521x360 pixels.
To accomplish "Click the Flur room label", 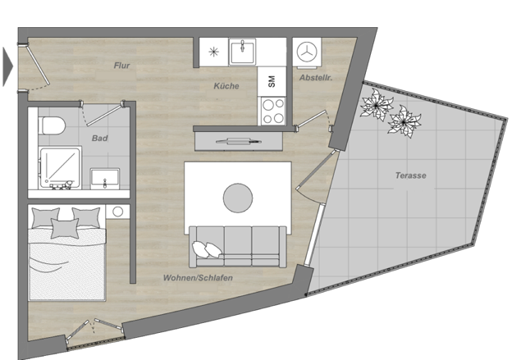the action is [x=121, y=66].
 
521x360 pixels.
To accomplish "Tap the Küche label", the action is [x=226, y=86].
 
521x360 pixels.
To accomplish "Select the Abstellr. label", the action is [x=316, y=78].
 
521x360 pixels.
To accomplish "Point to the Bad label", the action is [x=99, y=138].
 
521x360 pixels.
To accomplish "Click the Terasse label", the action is [x=411, y=175].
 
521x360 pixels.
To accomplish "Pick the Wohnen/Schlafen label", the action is [x=198, y=278].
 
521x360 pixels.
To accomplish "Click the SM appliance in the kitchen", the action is [x=272, y=81].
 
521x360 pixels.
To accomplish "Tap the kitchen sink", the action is [x=242, y=52].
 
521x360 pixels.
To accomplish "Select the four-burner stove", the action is [x=273, y=111].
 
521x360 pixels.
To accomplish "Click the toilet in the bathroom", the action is [x=51, y=125].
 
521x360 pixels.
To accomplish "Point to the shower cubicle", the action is [x=60, y=168].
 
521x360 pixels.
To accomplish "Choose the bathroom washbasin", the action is [x=105, y=178].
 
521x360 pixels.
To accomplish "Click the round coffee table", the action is [x=238, y=198].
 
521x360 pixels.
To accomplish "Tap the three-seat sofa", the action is [x=238, y=247].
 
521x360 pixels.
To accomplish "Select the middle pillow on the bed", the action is [x=65, y=229].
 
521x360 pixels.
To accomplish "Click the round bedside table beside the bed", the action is [x=117, y=212].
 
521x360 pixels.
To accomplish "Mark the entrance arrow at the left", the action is [x=8, y=66].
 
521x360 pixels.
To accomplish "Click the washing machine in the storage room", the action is [x=307, y=52].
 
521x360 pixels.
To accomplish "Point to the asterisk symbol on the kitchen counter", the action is [x=213, y=52].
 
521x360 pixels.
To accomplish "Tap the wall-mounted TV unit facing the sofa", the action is [x=239, y=142].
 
